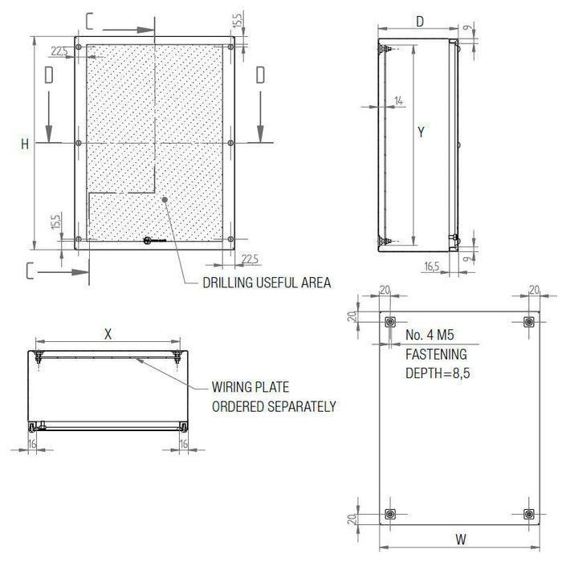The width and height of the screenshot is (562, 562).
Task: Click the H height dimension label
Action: click(x=25, y=144)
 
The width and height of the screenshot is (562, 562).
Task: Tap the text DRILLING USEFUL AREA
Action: click(x=267, y=283)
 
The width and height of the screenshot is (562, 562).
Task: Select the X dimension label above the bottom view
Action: click(x=108, y=333)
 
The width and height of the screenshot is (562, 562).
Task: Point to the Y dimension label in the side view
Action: click(x=420, y=132)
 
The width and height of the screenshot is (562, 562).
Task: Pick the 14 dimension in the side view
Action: click(x=398, y=100)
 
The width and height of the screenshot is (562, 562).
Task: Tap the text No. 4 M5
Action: click(x=431, y=335)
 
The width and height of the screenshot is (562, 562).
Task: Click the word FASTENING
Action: click(x=437, y=354)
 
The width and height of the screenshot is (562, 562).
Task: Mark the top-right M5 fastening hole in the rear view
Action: click(x=527, y=322)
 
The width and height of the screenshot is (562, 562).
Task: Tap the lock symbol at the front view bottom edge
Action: click(x=148, y=240)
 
